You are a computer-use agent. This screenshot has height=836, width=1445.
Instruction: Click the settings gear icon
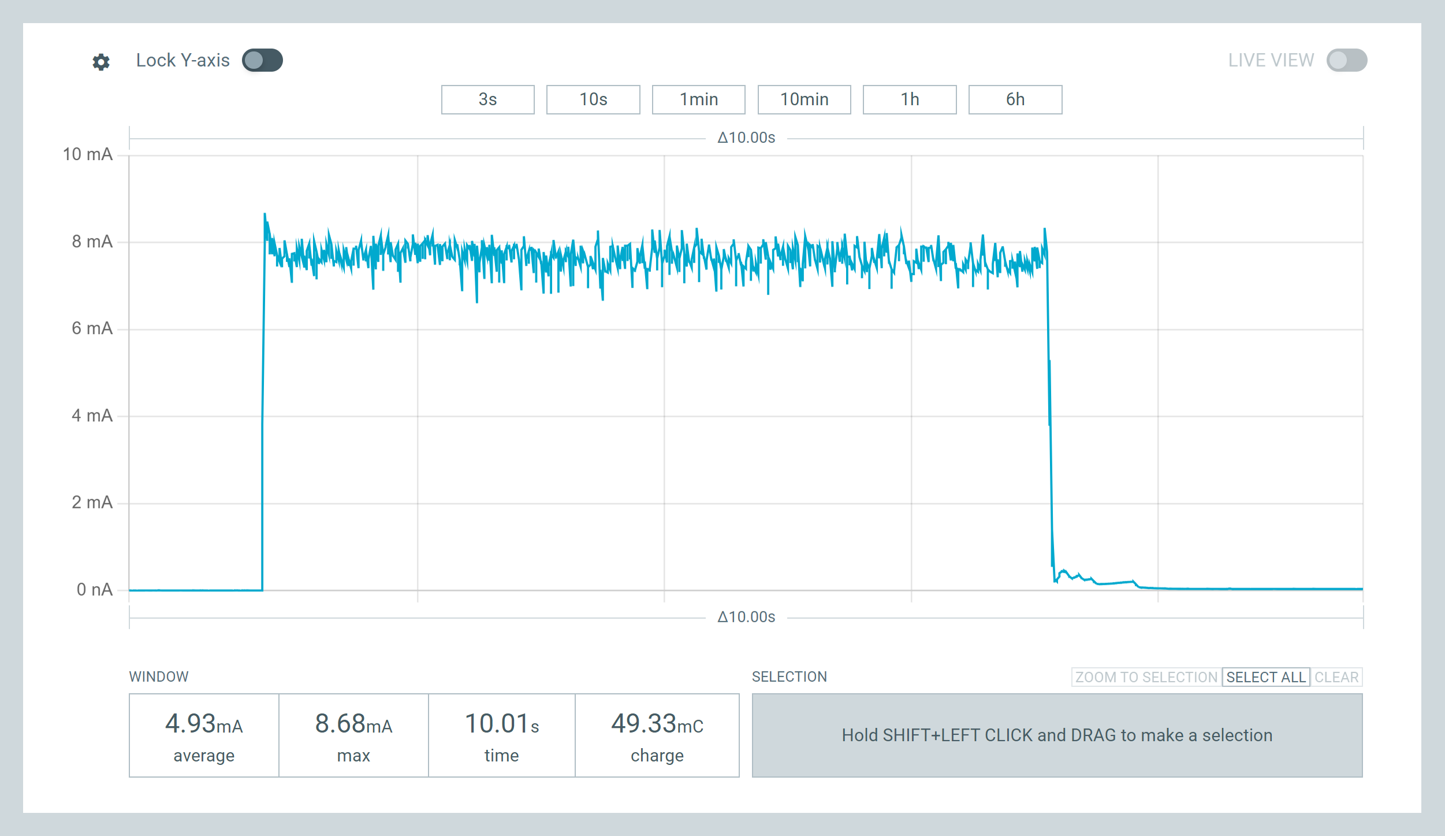tap(101, 62)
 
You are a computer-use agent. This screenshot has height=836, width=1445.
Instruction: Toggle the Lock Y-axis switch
tap(262, 60)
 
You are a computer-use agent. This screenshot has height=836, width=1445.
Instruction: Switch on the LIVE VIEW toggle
tap(1346, 60)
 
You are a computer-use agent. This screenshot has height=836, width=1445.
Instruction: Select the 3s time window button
tap(487, 99)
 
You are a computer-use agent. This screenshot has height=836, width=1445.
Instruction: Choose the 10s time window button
tap(593, 99)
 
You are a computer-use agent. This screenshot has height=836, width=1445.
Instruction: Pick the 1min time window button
tap(698, 99)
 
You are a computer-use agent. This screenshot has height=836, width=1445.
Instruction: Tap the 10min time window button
tap(804, 99)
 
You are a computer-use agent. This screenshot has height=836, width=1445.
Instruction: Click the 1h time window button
tap(909, 99)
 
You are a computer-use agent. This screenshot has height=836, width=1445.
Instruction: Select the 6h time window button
tap(1015, 99)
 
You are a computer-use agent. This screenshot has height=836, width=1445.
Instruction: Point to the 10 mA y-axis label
tap(88, 154)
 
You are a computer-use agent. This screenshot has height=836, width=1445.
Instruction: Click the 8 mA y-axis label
tap(92, 241)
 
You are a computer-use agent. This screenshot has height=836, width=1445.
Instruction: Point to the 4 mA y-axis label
tap(92, 415)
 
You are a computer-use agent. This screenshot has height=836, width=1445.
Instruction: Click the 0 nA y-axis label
tap(94, 589)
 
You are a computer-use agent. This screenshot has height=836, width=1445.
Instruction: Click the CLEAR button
tap(1336, 677)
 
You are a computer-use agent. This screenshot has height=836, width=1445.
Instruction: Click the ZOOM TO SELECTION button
tap(1146, 677)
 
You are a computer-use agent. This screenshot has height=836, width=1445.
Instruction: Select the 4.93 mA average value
tap(204, 724)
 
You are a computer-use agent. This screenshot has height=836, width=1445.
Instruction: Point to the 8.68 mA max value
tap(353, 724)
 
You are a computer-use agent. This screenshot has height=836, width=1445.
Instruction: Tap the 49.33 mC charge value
tap(657, 724)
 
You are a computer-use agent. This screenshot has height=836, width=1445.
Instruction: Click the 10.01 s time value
tap(501, 724)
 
